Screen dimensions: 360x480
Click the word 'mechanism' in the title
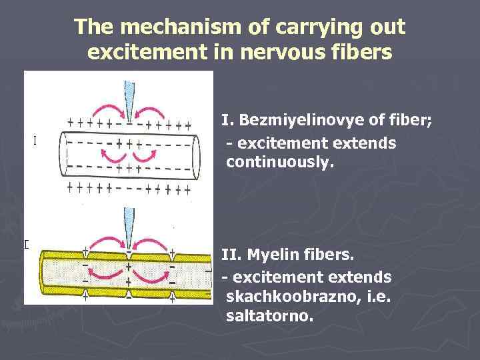[161, 27]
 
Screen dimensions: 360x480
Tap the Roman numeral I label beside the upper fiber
[34, 141]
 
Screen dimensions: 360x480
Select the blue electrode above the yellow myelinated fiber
[129, 230]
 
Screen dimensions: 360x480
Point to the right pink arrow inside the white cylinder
[145, 155]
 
